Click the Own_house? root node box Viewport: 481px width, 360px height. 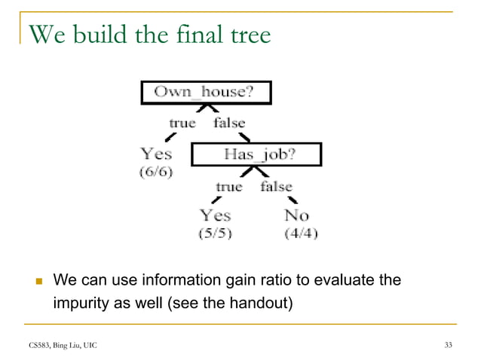point(206,93)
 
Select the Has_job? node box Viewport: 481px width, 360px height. point(256,154)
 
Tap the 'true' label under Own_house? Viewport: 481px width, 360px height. point(182,122)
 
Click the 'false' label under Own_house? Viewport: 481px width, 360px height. point(229,122)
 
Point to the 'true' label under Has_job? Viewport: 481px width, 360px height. point(229,186)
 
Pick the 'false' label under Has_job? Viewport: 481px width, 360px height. point(277,186)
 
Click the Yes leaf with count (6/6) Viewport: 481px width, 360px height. point(156,154)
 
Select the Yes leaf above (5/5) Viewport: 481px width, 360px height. point(215,216)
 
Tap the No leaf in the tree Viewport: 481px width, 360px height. point(296,216)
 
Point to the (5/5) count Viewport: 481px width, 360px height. point(215,233)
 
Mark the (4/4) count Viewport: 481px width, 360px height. point(300,233)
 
